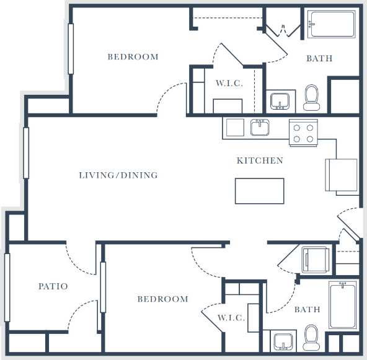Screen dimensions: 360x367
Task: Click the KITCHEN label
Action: (x=260, y=160)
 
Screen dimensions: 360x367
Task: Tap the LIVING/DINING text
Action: (x=118, y=175)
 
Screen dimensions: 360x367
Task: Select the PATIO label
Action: (x=53, y=286)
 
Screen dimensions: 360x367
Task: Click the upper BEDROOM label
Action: (x=133, y=57)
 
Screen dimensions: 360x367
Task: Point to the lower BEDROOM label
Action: (x=162, y=299)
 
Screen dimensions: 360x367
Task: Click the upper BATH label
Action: (x=319, y=58)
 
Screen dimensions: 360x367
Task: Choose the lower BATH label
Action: (x=307, y=309)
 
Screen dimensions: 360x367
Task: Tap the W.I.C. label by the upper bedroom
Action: (x=229, y=83)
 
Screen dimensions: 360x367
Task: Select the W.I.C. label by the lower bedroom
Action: (x=231, y=318)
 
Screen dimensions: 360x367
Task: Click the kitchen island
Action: (x=259, y=191)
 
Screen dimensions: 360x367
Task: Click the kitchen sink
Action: (x=259, y=128)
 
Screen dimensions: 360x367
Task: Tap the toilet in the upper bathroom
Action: (x=311, y=97)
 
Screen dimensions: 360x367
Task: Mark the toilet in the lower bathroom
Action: (x=311, y=339)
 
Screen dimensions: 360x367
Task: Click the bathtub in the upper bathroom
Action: (x=332, y=24)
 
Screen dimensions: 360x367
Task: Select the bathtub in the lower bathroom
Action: (x=343, y=304)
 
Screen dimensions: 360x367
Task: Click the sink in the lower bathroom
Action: (x=284, y=341)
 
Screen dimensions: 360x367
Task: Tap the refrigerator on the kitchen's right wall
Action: (x=342, y=175)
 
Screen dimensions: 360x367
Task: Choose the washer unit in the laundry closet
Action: (x=317, y=259)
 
